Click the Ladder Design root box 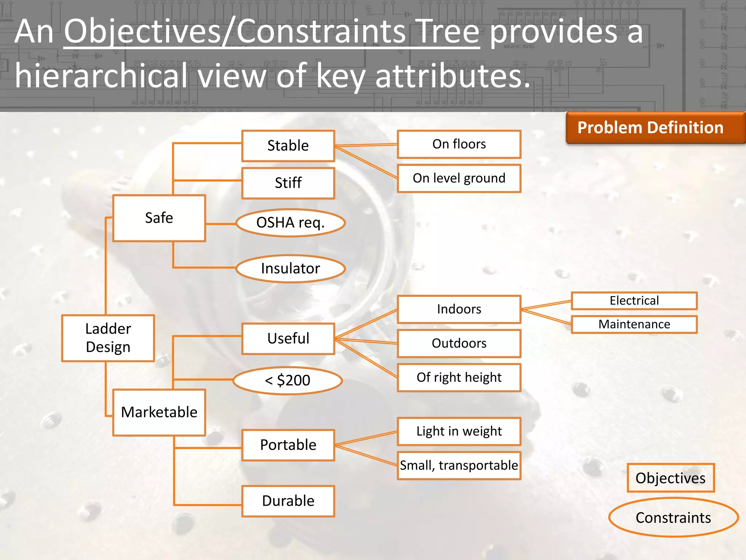coord(108,338)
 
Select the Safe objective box coord(159,218)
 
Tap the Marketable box coord(159,412)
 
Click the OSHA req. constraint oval coord(290,223)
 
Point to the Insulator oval coord(290,269)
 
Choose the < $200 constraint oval coord(287,381)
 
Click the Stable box coord(288,145)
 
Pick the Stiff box coord(288,183)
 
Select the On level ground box coord(459,178)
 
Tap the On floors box coord(459,144)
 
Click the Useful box coord(288,339)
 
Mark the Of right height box coord(459,377)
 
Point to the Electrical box coord(634,301)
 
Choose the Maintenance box coord(634,324)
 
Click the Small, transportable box coord(459,466)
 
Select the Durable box coord(288,501)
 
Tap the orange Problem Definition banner coord(651,128)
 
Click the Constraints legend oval coord(673,518)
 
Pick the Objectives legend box coord(671,478)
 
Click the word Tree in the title coord(448,32)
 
